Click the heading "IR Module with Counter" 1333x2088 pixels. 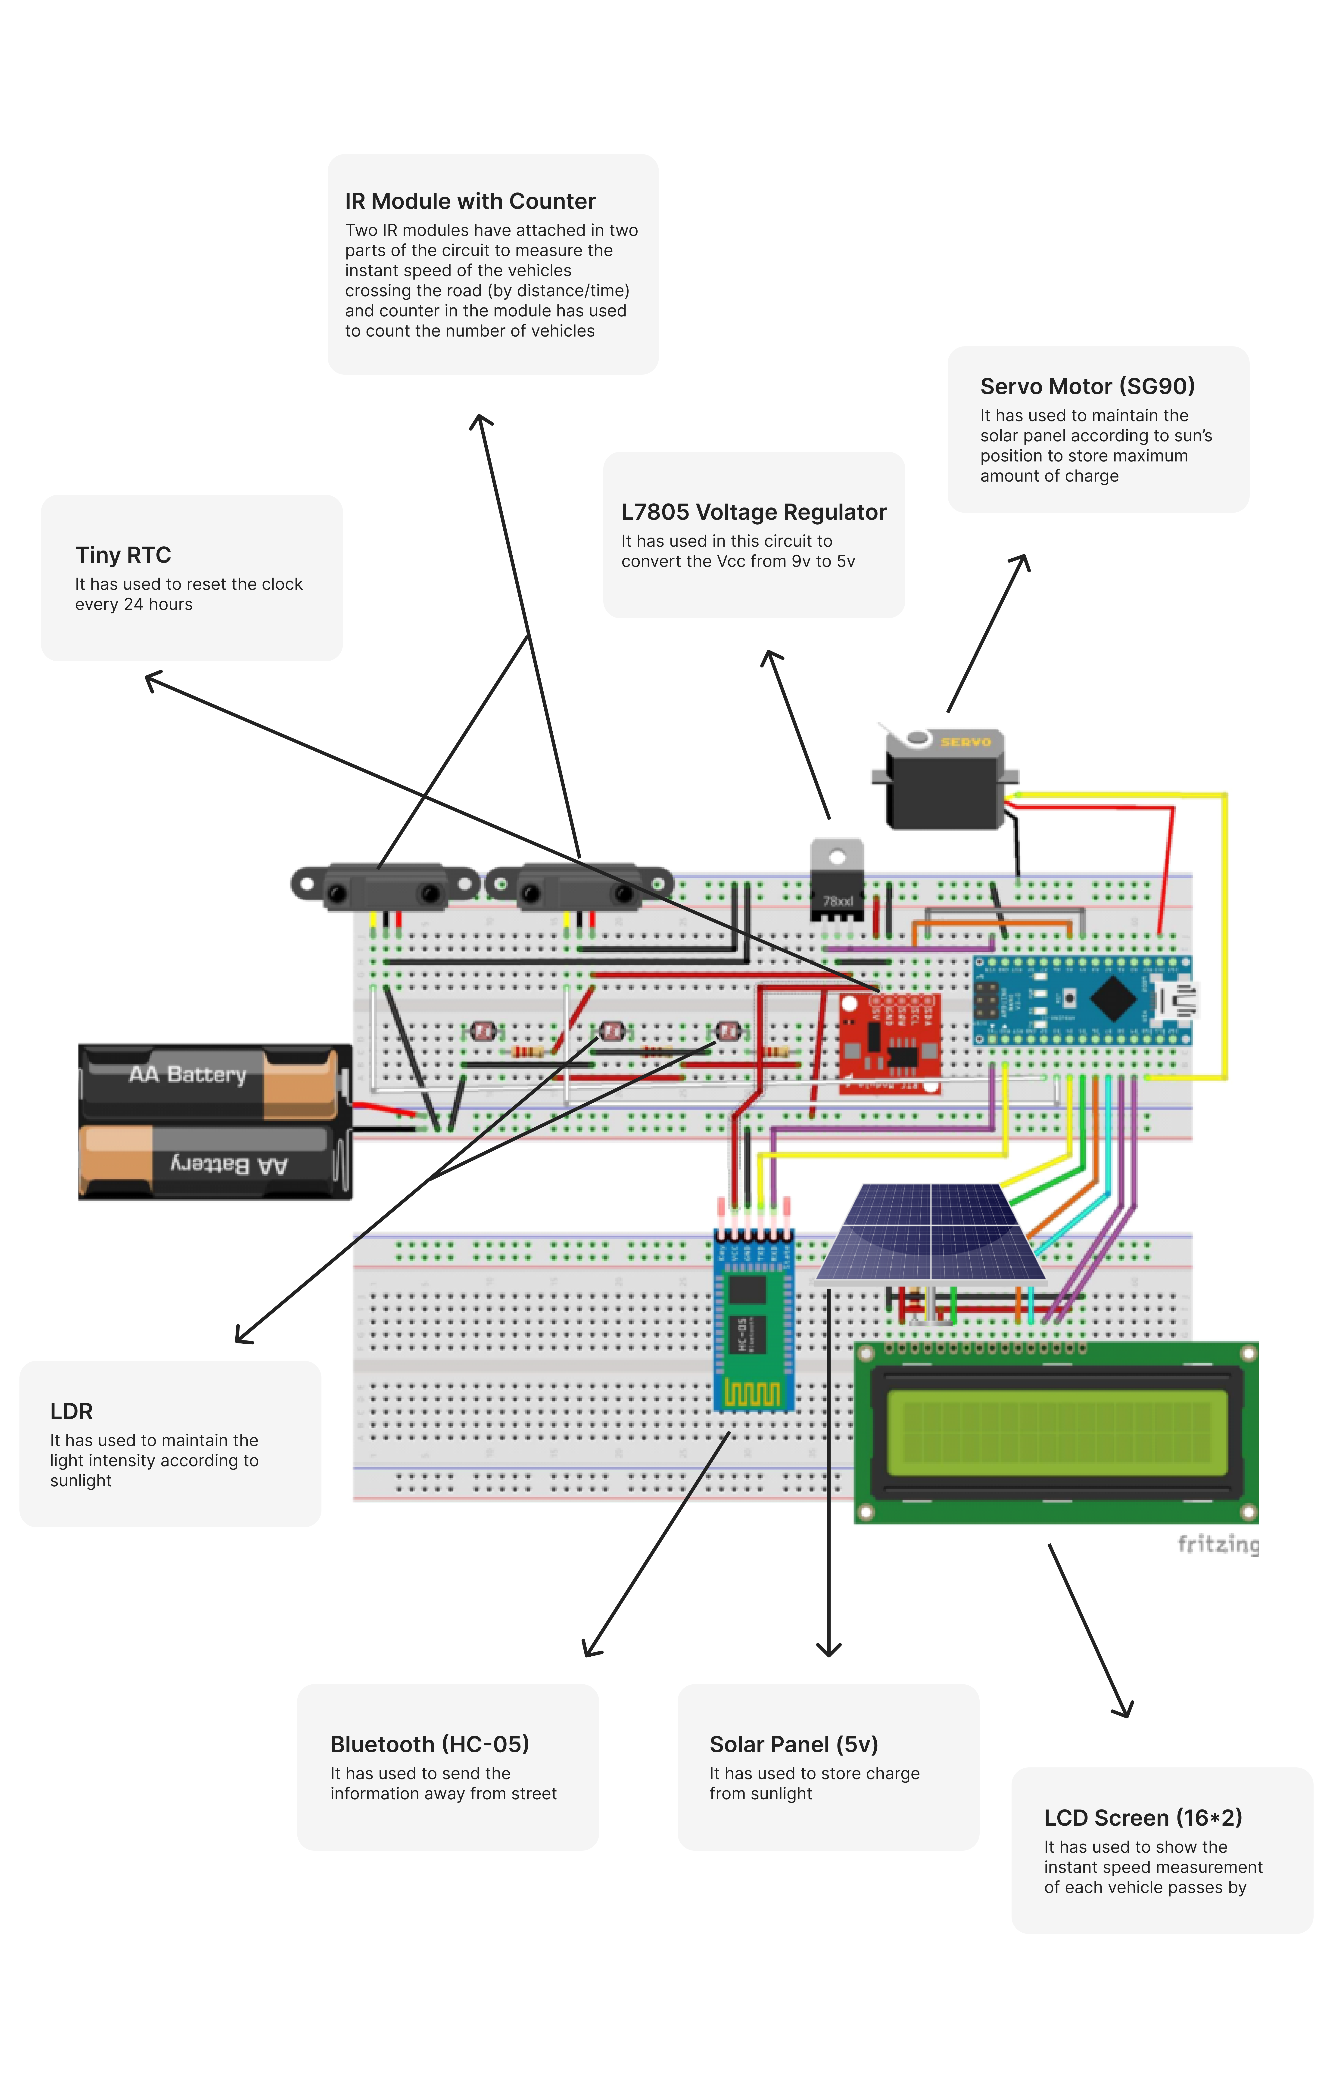[470, 201]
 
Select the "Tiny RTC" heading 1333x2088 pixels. [123, 555]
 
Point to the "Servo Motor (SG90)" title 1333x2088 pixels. [1087, 387]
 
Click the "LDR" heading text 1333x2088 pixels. [71, 1412]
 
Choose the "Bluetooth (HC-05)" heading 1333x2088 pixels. [429, 1745]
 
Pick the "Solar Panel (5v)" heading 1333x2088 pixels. [794, 1745]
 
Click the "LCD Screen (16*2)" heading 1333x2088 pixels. [1142, 1818]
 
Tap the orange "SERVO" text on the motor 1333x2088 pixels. [965, 742]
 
